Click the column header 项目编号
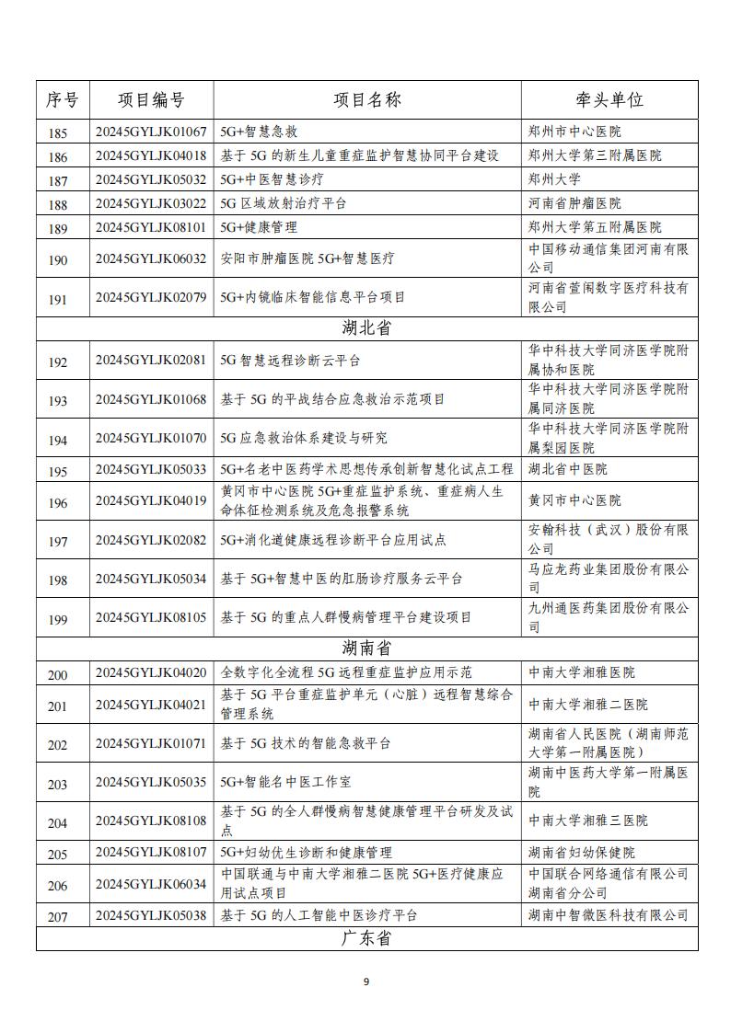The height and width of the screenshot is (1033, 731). (151, 100)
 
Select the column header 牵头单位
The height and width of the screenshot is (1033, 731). (609, 100)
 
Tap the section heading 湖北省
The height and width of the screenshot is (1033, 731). (366, 328)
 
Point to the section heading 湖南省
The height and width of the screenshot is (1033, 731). (366, 648)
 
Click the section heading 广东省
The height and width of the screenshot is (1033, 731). (366, 938)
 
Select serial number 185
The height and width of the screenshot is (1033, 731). (58, 132)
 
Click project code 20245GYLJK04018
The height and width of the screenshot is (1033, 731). (151, 155)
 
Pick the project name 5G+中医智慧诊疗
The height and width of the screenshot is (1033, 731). (272, 179)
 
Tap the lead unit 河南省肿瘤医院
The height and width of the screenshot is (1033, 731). (574, 203)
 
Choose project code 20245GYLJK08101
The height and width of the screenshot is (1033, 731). (151, 226)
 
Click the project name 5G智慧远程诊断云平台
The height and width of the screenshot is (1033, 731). (290, 362)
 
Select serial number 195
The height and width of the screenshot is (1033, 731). (58, 471)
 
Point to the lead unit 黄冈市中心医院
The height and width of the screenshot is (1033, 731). (574, 500)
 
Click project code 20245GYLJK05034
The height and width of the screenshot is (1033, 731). (151, 579)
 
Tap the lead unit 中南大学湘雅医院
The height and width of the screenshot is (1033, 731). (581, 672)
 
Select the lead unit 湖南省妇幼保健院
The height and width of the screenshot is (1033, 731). (581, 853)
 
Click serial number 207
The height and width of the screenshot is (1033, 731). (58, 916)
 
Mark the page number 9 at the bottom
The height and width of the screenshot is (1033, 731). (365, 981)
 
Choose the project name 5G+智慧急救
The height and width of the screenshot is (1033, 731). (259, 132)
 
